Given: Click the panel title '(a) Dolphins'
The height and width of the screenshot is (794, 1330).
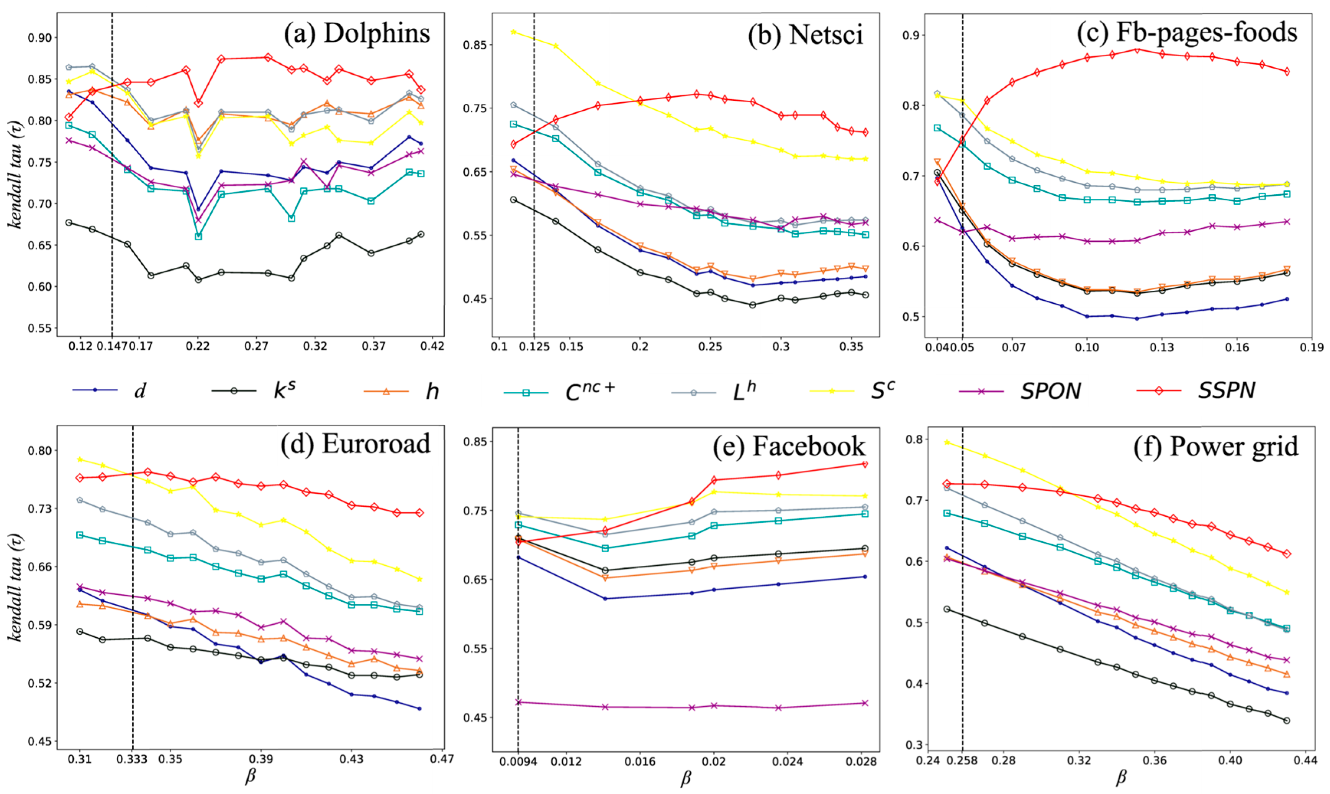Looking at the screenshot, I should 357,33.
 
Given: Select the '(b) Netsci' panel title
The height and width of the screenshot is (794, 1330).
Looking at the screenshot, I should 805,35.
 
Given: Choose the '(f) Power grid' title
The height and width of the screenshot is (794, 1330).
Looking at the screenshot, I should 1215,446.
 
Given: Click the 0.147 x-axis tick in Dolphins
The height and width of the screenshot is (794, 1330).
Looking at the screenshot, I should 112,347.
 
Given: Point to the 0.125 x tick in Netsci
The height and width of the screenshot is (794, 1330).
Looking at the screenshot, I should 534,347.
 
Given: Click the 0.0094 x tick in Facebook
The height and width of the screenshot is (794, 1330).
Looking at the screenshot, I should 518,761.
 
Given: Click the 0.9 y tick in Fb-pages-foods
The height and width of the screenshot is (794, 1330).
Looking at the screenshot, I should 911,35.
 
